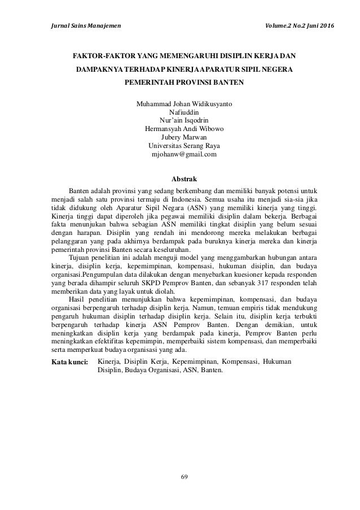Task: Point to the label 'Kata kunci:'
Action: coord(69,360)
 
